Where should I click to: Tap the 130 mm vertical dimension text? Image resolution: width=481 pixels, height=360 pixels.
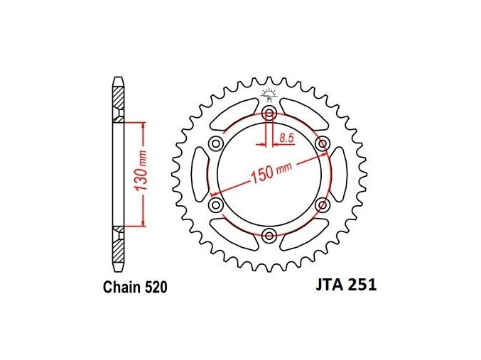click(142, 175)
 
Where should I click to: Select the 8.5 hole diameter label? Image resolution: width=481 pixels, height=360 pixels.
click(286, 138)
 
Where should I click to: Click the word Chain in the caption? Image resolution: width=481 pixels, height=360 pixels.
click(121, 288)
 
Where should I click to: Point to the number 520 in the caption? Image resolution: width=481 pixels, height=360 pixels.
click(156, 288)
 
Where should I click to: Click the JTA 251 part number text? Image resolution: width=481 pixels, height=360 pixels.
click(346, 285)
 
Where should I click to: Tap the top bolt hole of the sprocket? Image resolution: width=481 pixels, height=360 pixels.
click(269, 113)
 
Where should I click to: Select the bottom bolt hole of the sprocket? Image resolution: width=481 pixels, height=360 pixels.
click(269, 235)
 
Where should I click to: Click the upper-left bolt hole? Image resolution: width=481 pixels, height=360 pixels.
click(216, 143)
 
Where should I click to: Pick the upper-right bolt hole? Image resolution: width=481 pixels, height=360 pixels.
click(323, 143)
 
